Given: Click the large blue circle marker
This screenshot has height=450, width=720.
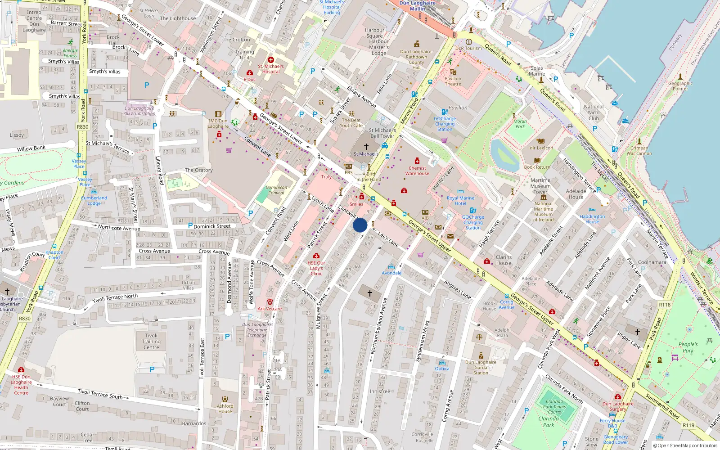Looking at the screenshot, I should pyautogui.click(x=360, y=225).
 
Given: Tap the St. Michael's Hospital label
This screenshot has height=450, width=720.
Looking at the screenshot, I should pyautogui.click(x=271, y=69).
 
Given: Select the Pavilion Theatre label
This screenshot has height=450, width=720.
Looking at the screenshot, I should pyautogui.click(x=453, y=81).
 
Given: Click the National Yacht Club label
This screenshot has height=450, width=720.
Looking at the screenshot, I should pyautogui.click(x=594, y=112).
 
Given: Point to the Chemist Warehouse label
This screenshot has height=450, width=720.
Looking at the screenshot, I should pyautogui.click(x=417, y=171).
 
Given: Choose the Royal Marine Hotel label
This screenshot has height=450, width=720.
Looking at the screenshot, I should pyautogui.click(x=460, y=201).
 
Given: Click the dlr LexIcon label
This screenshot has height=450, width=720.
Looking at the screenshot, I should pyautogui.click(x=541, y=148).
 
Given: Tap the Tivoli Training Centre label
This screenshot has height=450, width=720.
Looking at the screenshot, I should pyautogui.click(x=151, y=342).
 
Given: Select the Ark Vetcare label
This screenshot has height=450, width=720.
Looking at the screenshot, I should pyautogui.click(x=270, y=309).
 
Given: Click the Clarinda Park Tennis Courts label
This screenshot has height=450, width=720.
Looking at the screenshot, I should pyautogui.click(x=554, y=407).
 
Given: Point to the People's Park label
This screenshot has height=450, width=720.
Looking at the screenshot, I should pyautogui.click(x=688, y=347).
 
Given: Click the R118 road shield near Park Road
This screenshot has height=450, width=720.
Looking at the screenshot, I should pyautogui.click(x=665, y=305).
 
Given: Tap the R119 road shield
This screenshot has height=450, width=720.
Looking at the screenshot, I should pyautogui.click(x=688, y=425).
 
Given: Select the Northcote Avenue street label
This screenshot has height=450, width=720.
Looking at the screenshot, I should pyautogui.click(x=119, y=228).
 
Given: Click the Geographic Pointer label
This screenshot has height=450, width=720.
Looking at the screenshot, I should pyautogui.click(x=680, y=86).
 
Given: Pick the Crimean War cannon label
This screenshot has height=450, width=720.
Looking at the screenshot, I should pyautogui.click(x=639, y=151).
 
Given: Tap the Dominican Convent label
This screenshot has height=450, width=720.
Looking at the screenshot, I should pyautogui.click(x=276, y=190).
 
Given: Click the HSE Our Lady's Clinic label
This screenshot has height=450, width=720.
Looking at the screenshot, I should pyautogui.click(x=316, y=268).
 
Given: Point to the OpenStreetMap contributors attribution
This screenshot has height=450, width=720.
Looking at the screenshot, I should pyautogui.click(x=685, y=445).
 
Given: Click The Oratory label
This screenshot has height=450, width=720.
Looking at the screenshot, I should pyautogui.click(x=198, y=170).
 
